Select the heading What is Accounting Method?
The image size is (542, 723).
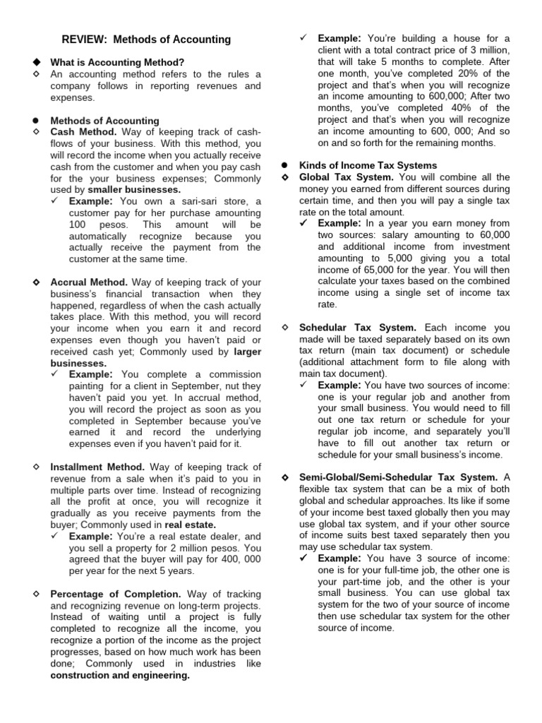click(116, 62)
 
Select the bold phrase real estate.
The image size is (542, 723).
click(190, 525)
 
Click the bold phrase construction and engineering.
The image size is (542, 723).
click(120, 675)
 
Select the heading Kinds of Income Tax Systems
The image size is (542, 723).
click(368, 166)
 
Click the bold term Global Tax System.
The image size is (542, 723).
click(347, 177)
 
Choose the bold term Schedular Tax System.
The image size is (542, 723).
click(358, 328)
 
